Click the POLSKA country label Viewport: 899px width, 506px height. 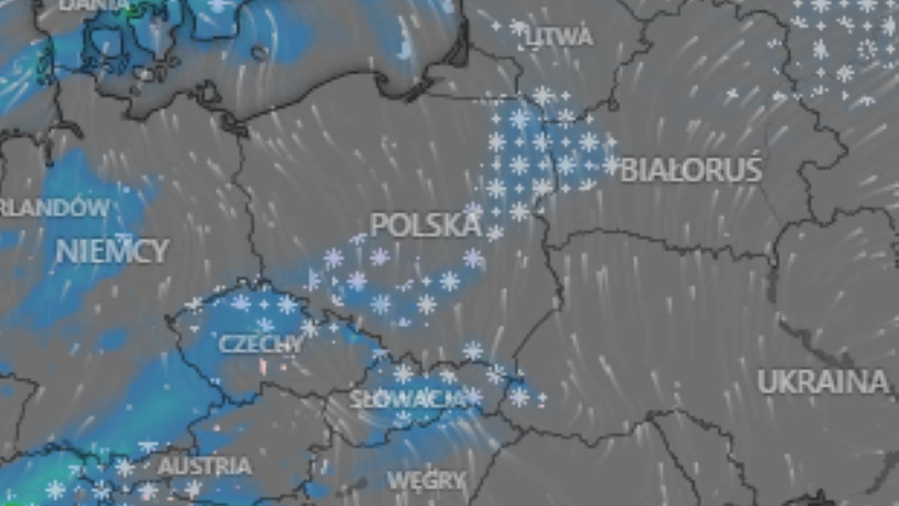tap(426, 225)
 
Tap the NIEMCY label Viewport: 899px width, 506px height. tap(112, 251)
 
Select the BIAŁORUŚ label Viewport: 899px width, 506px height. tap(691, 170)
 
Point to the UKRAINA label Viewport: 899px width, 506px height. tap(823, 382)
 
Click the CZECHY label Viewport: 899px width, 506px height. tap(261, 344)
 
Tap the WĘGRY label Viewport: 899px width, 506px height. tap(426, 480)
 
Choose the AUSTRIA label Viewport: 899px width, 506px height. tap(205, 466)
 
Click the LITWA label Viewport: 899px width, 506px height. tap(560, 37)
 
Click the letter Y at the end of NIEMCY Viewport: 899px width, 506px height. tap(160, 251)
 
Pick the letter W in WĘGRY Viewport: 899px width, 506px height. tap(396, 480)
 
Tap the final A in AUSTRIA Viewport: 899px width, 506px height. tap(243, 466)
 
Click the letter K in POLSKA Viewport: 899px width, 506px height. tap(450, 225)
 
